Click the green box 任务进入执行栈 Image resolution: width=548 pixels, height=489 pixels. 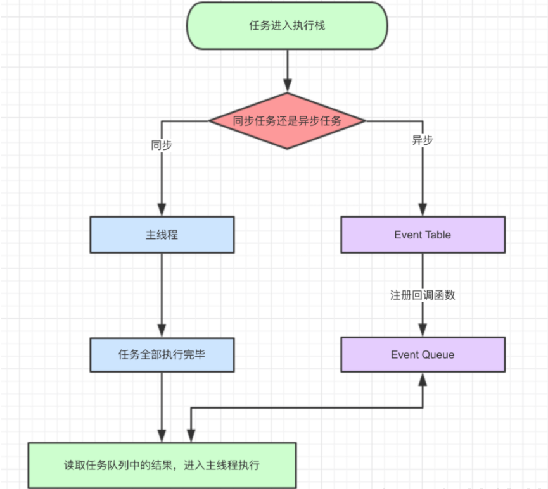pos(287,26)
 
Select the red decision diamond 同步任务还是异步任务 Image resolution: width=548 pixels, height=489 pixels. pos(287,121)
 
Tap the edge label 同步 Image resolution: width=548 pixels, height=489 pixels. pos(162,145)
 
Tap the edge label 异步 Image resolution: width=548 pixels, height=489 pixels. pos(423,140)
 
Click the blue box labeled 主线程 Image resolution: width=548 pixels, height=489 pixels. pos(162,235)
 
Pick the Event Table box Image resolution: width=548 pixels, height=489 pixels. pos(423,235)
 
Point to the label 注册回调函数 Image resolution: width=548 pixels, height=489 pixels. pos(423,295)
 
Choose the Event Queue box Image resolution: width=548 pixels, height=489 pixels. pos(423,354)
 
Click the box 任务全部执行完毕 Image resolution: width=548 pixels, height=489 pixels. pos(162,354)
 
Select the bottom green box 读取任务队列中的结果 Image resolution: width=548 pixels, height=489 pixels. pos(162,465)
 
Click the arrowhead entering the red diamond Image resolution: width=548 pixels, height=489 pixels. pos(287,86)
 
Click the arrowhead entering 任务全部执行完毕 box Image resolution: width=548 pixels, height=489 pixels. pos(162,331)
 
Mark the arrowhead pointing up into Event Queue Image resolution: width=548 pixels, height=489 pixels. pos(423,378)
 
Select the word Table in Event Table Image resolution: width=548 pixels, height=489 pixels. pos(437,235)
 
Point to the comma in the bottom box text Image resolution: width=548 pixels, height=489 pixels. pos(180,467)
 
